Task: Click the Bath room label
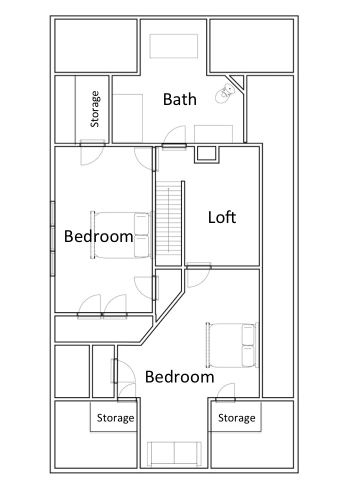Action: [x=180, y=99]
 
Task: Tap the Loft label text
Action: [x=222, y=217]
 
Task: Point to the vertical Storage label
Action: [x=94, y=109]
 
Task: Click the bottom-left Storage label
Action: [x=115, y=417]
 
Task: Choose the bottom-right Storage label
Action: [x=236, y=417]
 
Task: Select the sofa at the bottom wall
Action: [x=174, y=454]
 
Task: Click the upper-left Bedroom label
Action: [x=98, y=236]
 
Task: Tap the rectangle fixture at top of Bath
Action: [x=174, y=45]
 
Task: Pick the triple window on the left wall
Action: [x=52, y=238]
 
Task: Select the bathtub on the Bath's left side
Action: [x=127, y=117]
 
